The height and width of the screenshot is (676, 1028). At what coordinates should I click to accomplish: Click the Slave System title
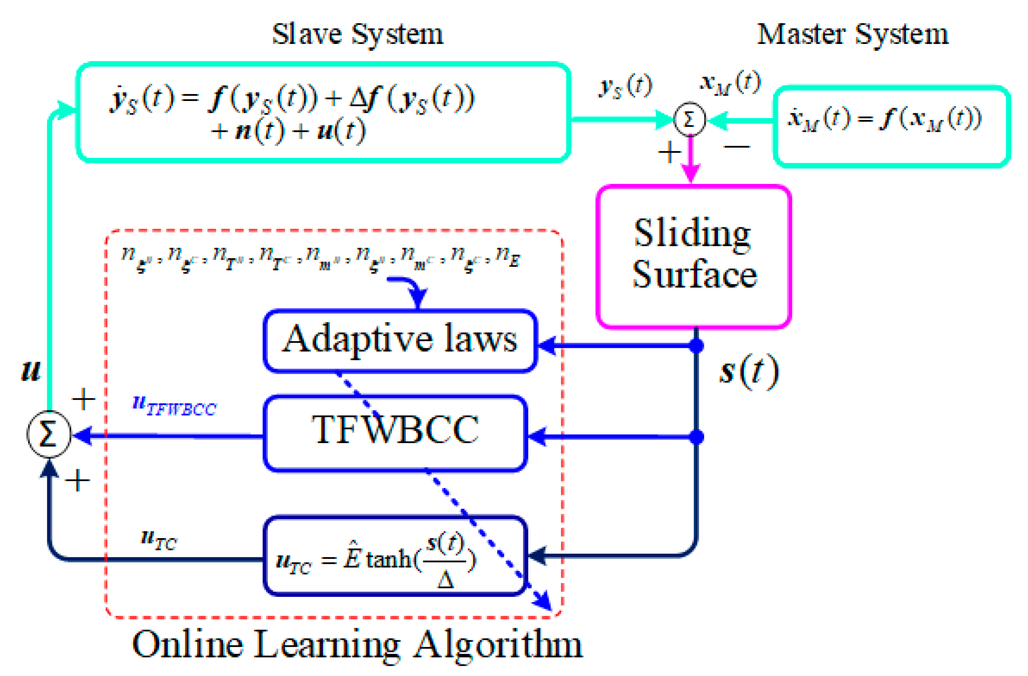click(x=357, y=34)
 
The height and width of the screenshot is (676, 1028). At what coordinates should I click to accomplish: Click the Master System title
click(x=852, y=34)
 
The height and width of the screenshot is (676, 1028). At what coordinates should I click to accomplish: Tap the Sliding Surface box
click(x=694, y=256)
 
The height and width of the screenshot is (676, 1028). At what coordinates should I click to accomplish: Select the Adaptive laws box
click(x=400, y=340)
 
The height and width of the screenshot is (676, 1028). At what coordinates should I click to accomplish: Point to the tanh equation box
click(x=395, y=556)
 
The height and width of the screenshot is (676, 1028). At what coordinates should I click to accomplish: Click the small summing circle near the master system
click(x=689, y=119)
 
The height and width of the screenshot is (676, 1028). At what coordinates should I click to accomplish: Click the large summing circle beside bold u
click(x=49, y=434)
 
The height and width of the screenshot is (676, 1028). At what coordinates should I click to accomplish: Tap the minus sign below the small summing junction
click(x=737, y=147)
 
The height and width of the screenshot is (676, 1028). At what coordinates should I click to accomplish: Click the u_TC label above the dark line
click(x=159, y=539)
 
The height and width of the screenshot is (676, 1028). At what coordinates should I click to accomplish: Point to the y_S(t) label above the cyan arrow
click(x=625, y=86)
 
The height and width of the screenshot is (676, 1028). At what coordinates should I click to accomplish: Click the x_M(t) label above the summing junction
click(x=730, y=83)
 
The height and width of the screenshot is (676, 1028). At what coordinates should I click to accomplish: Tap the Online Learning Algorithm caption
click(x=357, y=644)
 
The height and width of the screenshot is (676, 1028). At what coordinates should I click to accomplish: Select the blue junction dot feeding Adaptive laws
click(x=696, y=345)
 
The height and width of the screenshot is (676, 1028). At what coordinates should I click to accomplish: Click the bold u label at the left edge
click(x=31, y=371)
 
